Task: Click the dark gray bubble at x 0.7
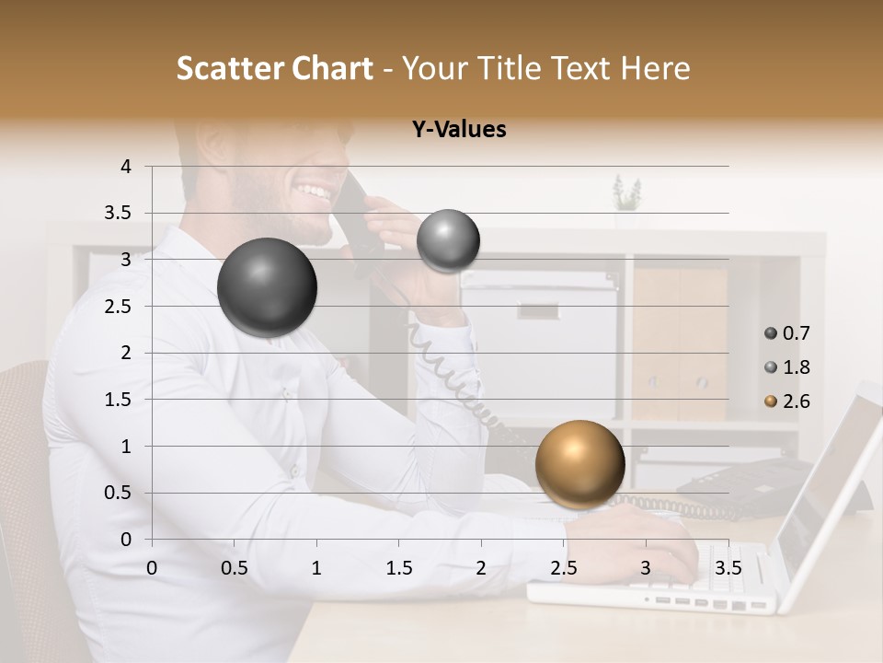point(267,287)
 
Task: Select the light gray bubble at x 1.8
point(448,240)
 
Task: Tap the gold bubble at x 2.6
point(579,463)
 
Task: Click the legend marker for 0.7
point(771,333)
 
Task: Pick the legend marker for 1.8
point(771,367)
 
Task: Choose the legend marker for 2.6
point(771,401)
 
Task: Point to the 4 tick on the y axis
point(126,167)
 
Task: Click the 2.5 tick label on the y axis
point(118,307)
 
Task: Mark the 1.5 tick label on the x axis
point(399,568)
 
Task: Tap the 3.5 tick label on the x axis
point(728,568)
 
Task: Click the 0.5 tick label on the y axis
point(118,493)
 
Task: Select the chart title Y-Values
point(459,130)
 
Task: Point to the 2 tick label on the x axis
point(481,568)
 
